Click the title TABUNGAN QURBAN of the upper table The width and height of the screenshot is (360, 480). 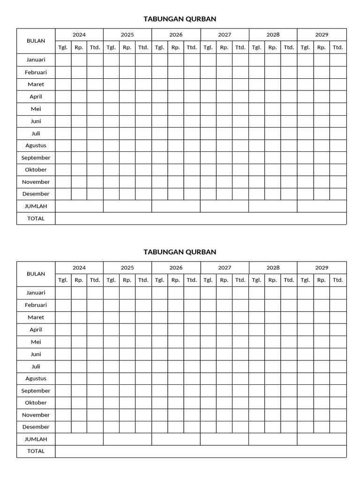pos(180,19)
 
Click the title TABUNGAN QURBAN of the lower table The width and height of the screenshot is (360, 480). pos(180,252)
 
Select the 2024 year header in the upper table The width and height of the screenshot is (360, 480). pos(79,35)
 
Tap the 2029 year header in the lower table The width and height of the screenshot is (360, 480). pos(322,268)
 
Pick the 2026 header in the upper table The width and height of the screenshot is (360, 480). pos(176,35)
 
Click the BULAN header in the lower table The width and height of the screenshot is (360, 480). pos(36,274)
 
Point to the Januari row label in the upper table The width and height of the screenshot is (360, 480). pos(36,60)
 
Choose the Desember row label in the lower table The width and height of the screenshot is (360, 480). pos(36,427)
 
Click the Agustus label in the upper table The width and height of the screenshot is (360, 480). pos(36,145)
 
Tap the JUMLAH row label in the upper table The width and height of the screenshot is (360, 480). pos(36,206)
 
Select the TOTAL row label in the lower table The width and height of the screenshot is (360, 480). pos(36,451)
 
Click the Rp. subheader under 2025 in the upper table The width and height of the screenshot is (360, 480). pos(127,47)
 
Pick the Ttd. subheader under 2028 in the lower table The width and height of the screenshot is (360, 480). pos(289,280)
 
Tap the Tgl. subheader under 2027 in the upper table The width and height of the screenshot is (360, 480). pos(208,47)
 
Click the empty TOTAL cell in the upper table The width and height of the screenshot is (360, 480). pos(201,218)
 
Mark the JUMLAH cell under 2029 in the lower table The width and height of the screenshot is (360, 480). pos(322,439)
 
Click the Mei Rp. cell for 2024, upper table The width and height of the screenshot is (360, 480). pos(79,109)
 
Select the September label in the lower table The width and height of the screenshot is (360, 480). pos(36,390)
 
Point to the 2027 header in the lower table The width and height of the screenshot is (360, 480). pos(225,268)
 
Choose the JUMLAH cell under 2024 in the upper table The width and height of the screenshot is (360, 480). pos(79,206)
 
